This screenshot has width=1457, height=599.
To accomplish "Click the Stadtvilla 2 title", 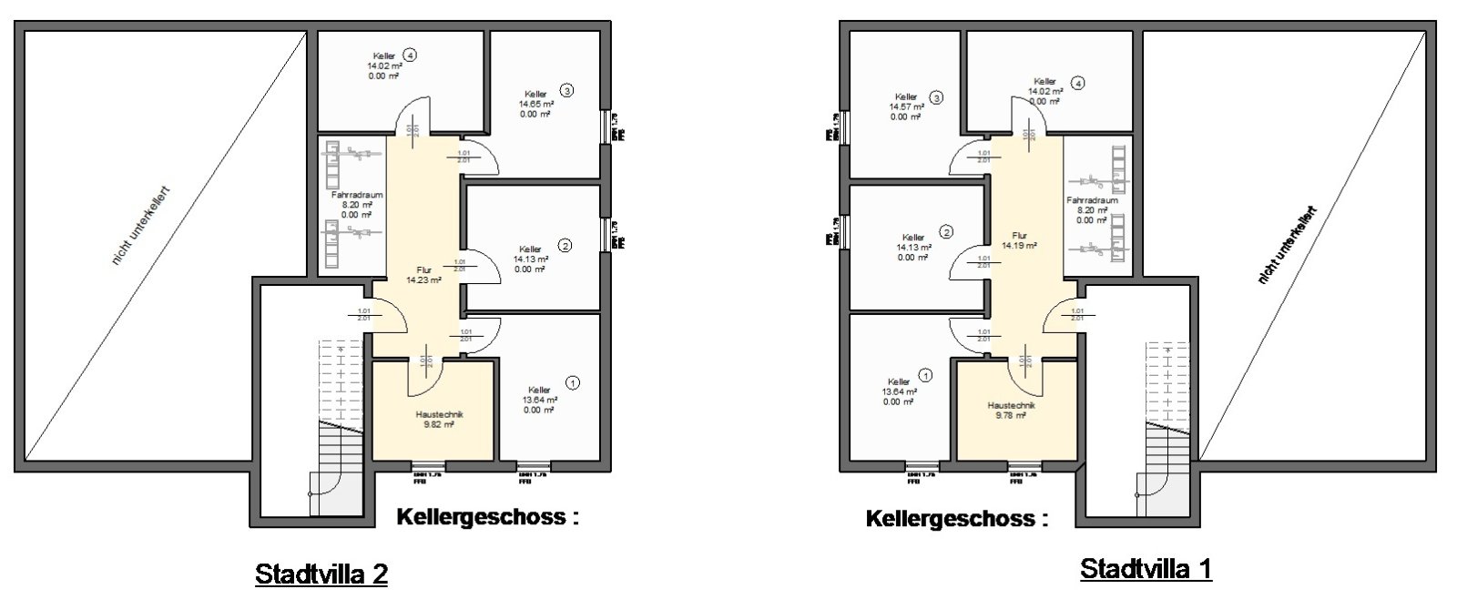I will [321, 574].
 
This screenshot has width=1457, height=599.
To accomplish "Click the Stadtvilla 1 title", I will [1146, 570].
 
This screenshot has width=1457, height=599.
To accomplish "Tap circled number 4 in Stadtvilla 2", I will [411, 56].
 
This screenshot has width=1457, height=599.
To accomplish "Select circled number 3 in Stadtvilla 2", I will [566, 91].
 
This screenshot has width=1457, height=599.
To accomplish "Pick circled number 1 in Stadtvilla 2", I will [572, 383].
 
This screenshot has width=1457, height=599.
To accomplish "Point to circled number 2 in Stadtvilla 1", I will [947, 232].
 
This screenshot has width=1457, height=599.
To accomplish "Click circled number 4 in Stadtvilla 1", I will [1078, 83].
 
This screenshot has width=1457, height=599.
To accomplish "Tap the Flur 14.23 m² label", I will [423, 276].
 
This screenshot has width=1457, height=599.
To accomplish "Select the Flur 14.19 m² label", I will [1019, 240].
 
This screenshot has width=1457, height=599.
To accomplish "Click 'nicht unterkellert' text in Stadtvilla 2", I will [141, 226].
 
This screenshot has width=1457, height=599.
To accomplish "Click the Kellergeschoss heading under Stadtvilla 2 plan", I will [487, 517].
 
